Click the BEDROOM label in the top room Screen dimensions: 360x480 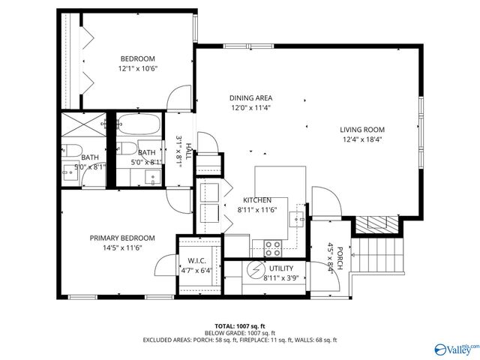pos(137,58)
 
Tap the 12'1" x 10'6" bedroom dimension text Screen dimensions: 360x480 pos(137,68)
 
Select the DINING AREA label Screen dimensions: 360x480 pos(250,97)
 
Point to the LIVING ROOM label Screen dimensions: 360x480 pos(362,129)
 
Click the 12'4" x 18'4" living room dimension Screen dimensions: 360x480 pos(362,139)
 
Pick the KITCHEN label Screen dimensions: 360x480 pos(256,200)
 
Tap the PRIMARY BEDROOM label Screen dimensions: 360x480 pos(122,238)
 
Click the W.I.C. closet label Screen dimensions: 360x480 pos(196,261)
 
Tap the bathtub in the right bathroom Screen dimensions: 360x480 pos(139,124)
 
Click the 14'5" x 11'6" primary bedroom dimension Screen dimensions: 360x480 pos(122,247)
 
